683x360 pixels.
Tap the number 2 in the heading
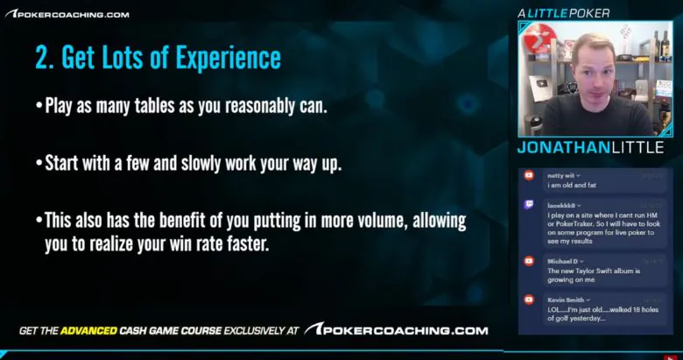click(x=40, y=58)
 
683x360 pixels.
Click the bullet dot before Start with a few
click(x=39, y=165)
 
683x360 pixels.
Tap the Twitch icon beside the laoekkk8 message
click(x=529, y=205)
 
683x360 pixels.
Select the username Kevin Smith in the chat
click(x=567, y=300)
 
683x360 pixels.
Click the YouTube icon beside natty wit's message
click(x=529, y=175)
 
